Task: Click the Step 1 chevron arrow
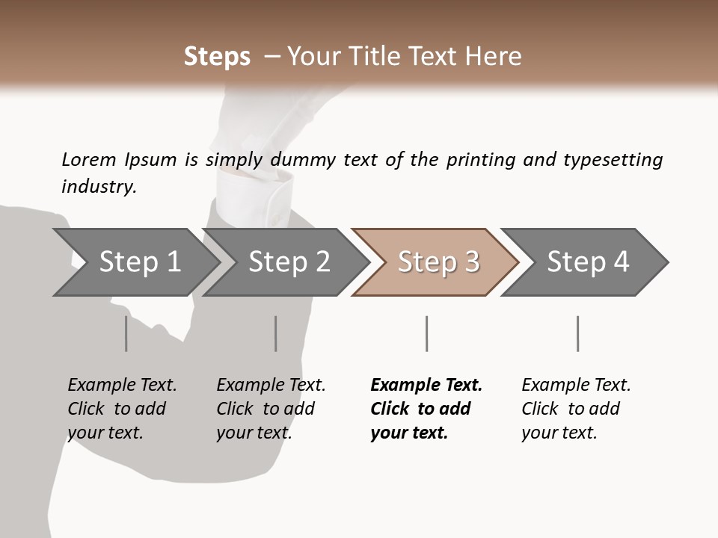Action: click(139, 262)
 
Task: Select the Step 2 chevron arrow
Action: click(289, 262)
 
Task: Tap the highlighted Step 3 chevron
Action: click(438, 262)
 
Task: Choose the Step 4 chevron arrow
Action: click(588, 262)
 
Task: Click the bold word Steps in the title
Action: click(217, 57)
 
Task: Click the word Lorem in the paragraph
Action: click(88, 159)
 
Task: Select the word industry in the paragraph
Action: click(99, 186)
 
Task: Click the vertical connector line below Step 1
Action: click(126, 333)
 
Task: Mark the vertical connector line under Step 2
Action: click(276, 333)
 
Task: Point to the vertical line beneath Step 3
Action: click(426, 333)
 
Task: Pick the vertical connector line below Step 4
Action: click(577, 333)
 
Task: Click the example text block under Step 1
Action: click(122, 409)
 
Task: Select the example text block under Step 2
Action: click(271, 409)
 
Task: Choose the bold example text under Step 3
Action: click(426, 409)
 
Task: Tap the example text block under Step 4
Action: click(576, 409)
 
